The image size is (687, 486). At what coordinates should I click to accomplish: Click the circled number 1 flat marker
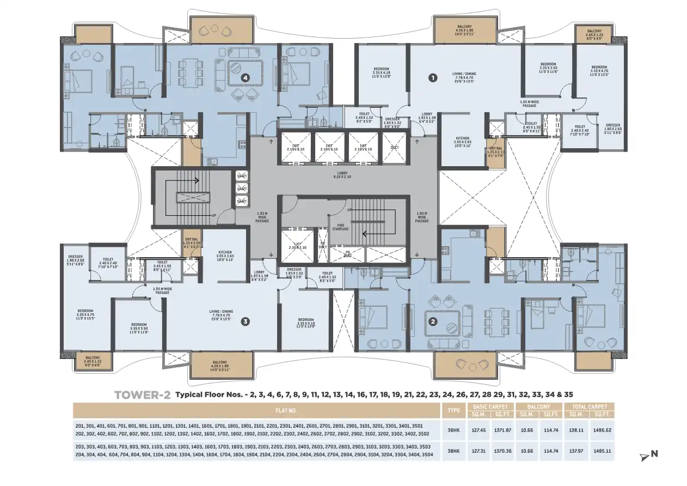(433, 78)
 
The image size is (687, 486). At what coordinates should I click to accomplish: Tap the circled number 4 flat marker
(246, 78)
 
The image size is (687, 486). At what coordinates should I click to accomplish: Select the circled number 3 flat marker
(246, 321)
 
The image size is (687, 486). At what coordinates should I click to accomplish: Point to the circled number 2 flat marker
(433, 321)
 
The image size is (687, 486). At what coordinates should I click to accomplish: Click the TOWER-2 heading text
(143, 395)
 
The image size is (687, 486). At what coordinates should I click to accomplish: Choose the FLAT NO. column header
(257, 411)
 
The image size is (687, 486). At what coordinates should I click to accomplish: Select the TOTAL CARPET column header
(590, 407)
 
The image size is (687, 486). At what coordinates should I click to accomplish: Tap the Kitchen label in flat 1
(462, 141)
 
